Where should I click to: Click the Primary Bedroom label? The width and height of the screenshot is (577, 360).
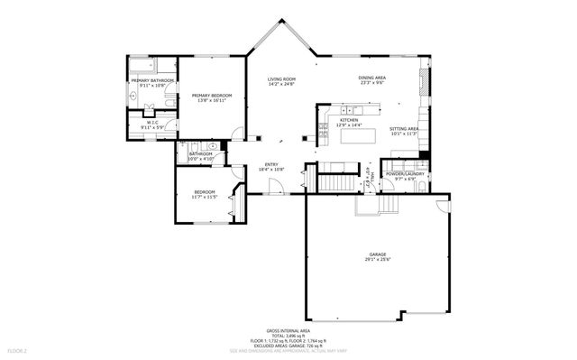pos(211,95)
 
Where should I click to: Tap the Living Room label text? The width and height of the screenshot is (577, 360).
pos(281,80)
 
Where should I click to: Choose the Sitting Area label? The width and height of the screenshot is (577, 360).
pos(404,129)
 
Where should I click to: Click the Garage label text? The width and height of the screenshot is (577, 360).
pos(378,255)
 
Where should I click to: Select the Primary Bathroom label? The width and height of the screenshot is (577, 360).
pos(151,81)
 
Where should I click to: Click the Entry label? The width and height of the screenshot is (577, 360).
pos(271,164)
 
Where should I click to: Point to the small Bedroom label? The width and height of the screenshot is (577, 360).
pos(205,192)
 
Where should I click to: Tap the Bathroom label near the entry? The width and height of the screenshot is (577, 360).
pos(200,153)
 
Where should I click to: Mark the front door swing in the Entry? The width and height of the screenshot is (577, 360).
pos(278,187)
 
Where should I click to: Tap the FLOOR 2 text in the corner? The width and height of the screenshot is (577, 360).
pos(18,349)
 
